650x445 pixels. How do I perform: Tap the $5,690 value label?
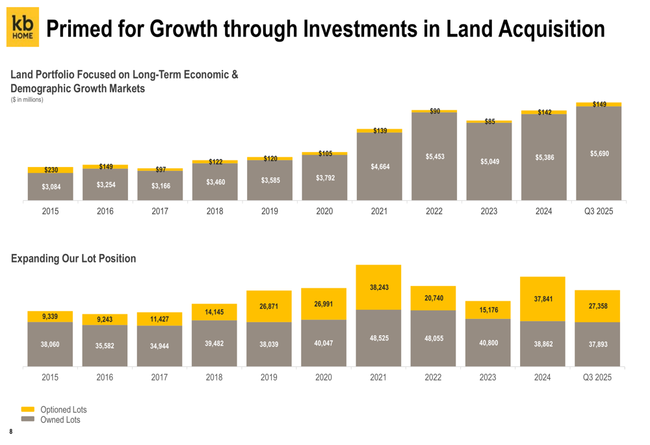click(599, 153)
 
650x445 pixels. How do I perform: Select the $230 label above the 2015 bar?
click(51, 170)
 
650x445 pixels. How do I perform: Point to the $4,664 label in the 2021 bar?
click(380, 167)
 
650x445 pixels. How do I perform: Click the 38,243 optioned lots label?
click(379, 287)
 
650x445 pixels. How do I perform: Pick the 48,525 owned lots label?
click(379, 338)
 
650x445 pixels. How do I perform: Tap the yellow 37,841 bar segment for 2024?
click(543, 299)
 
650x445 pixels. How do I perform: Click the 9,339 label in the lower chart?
click(50, 316)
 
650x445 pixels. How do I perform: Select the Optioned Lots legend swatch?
click(28, 409)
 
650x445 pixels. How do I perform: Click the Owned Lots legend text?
click(60, 420)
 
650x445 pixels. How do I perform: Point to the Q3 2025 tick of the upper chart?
click(598, 211)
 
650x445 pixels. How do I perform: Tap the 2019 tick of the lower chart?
click(269, 377)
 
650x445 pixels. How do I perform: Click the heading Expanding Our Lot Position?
click(73, 259)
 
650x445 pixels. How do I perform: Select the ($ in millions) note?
click(27, 99)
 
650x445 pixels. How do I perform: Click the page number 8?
click(11, 432)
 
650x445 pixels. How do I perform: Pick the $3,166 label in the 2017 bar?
click(160, 186)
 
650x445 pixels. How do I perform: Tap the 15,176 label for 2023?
click(488, 310)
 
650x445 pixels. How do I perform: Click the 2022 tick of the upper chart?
click(434, 211)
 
